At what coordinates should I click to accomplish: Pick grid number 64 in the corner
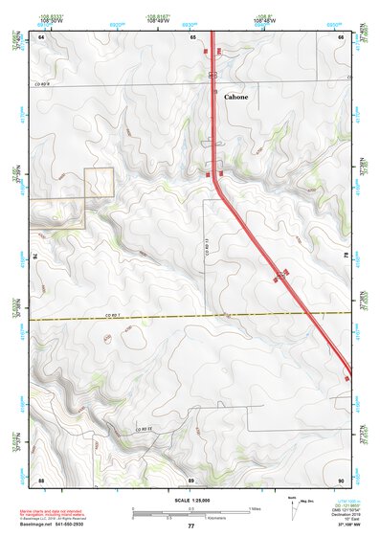point(41,36)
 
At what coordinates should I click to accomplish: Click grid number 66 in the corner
point(342,36)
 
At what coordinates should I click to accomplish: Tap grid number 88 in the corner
point(41,478)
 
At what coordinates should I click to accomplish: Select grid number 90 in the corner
point(341,478)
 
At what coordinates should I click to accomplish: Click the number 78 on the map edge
point(346,257)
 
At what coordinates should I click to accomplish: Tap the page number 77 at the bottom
point(190,526)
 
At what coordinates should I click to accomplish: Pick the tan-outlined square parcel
point(100,183)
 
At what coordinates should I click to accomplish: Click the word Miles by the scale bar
point(255,507)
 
